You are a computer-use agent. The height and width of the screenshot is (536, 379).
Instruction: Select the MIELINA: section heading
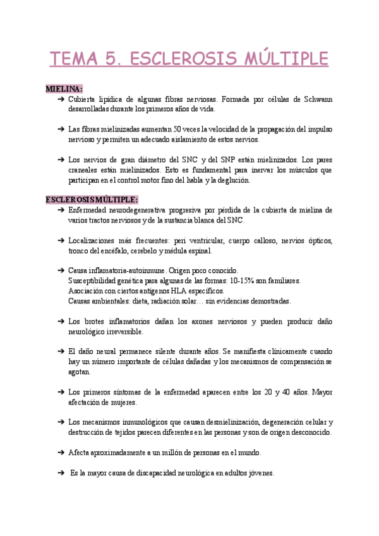click(64, 89)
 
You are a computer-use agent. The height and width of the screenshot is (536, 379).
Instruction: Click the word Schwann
click(319, 99)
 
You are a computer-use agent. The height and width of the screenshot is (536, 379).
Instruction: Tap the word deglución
click(232, 180)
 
